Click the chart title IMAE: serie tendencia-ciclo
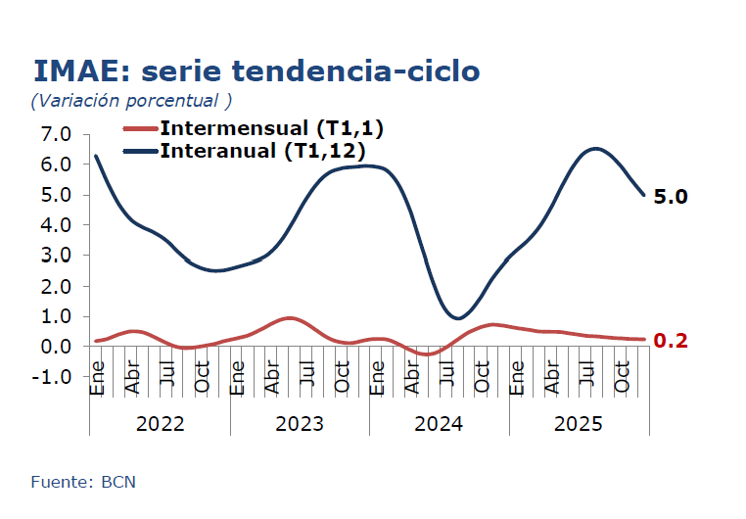pos(256,71)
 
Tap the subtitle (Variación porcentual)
pos(131,101)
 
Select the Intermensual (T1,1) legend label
pos(271,128)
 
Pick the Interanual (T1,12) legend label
pos(262,151)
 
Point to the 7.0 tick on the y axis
pos(56,133)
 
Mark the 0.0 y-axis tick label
pos(56,347)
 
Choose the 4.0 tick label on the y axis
pos(56,224)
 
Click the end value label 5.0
pos(671,197)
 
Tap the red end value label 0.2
pos(671,341)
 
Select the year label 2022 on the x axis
pos(160,424)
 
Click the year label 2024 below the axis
pos(439,424)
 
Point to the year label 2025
pos(579,424)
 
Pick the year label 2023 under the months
pos(300,424)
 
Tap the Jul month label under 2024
pos(446,384)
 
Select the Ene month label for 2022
pos(97,384)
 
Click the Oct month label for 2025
pos(621,384)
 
